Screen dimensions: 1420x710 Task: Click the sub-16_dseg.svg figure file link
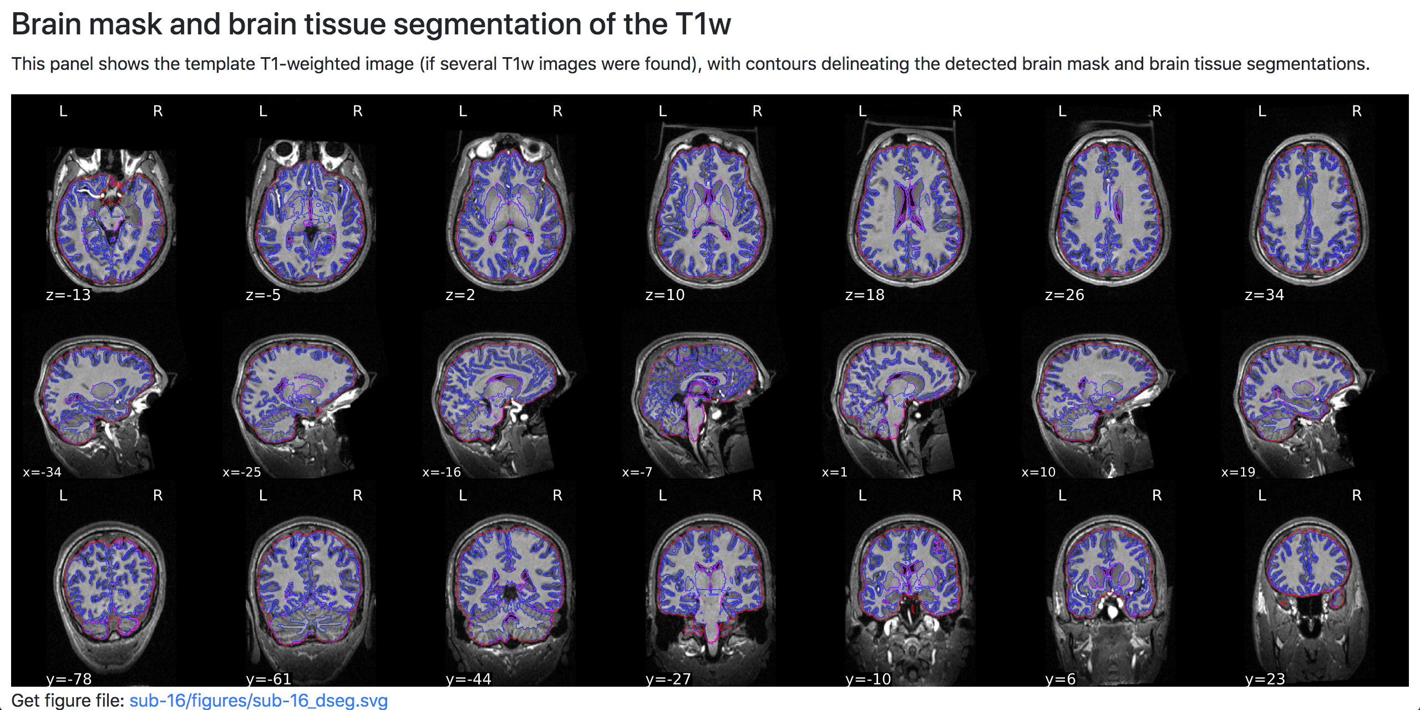[x=258, y=700]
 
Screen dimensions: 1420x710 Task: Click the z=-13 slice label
[x=68, y=295]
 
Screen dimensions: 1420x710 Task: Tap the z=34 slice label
[x=1264, y=295]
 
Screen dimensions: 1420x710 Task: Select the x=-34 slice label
[x=42, y=472]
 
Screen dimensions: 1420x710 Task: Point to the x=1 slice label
[x=834, y=472]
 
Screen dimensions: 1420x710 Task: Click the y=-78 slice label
[x=69, y=679]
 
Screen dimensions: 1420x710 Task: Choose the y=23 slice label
[x=1265, y=679]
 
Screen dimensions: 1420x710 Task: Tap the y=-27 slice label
[x=668, y=679]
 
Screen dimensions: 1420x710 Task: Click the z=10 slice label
[x=665, y=295]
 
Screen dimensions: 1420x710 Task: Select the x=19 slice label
[x=1238, y=472]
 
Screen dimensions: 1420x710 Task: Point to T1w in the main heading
[x=703, y=24]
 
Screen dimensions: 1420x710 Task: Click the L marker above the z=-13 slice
[x=63, y=111]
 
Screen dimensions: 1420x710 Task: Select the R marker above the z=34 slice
[x=1357, y=111]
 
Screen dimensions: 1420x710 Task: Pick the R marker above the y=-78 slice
[x=158, y=495]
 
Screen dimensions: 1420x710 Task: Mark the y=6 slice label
[x=1061, y=679]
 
